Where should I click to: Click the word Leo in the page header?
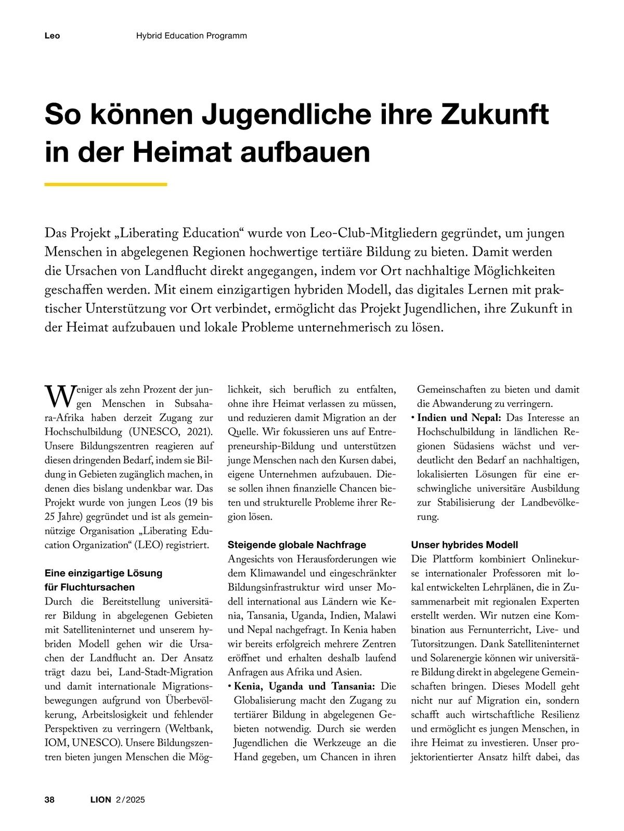pos(52,36)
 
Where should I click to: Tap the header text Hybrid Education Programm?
pos(191,36)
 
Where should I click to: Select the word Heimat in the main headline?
pos(181,152)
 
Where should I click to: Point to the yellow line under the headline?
pos(106,184)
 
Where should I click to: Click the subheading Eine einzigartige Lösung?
pos(103,573)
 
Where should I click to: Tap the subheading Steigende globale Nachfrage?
pos(297,545)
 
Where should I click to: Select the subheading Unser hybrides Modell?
pos(464,545)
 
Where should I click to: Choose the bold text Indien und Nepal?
pos(459,418)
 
